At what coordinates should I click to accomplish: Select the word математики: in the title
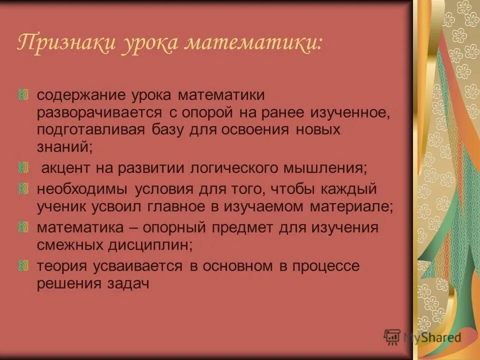tap(254, 43)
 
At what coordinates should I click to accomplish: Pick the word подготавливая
tap(90, 130)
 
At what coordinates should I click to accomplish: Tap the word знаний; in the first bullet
tap(64, 147)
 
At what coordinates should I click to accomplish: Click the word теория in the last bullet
tap(60, 266)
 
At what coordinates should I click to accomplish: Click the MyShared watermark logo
tap(423, 336)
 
